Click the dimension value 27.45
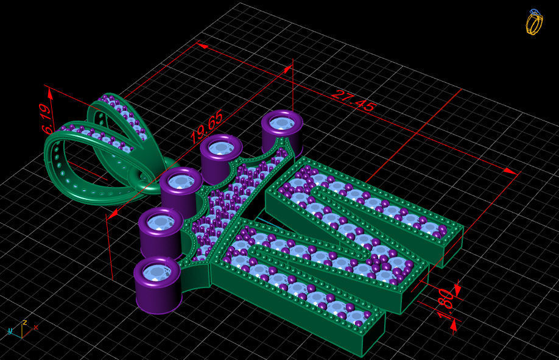353,101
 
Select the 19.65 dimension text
206,127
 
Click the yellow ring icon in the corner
533,22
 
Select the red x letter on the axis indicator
36,328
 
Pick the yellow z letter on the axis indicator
24,322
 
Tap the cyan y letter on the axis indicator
10,331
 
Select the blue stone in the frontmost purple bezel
158,271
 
